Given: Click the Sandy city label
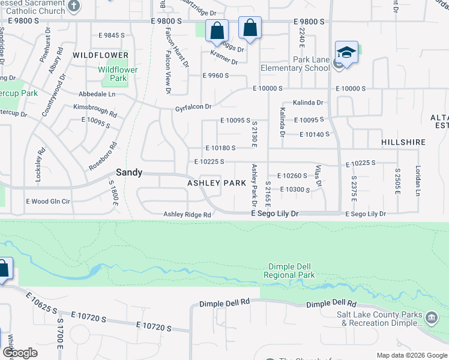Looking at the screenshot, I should (129, 172).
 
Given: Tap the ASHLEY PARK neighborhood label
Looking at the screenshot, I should (217, 182).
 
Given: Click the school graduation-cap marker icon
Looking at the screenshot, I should (346, 52).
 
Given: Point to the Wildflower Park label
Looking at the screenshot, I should (118, 74).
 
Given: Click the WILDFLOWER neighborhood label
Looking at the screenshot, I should (101, 55).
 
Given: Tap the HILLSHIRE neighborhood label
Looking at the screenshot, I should (403, 143).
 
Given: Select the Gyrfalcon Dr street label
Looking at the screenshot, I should (193, 107).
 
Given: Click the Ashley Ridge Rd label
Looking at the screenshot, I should (187, 214).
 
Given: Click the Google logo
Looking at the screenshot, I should (20, 353).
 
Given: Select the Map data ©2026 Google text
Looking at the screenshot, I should (412, 355).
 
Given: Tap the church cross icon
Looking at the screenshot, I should (74, 7).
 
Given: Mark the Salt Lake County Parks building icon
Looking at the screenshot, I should (431, 317).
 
